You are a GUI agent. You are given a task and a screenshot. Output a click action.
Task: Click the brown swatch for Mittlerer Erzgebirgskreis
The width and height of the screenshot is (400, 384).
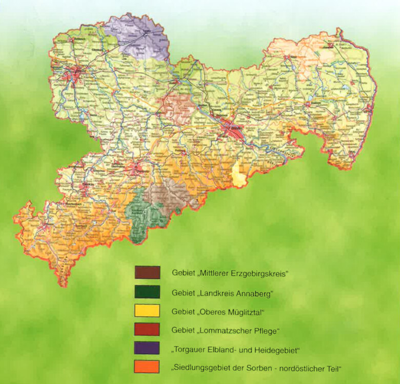pyautogui.click(x=147, y=272)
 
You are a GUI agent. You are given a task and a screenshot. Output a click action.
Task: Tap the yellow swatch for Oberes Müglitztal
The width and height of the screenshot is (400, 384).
pyautogui.click(x=147, y=311)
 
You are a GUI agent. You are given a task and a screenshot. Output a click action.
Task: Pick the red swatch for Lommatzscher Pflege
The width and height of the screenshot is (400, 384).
pyautogui.click(x=147, y=329)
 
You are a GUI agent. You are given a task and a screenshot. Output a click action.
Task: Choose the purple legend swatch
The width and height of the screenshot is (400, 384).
pyautogui.click(x=147, y=348)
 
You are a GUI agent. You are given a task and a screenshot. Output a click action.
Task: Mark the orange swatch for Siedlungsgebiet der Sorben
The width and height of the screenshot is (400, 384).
pyautogui.click(x=147, y=367)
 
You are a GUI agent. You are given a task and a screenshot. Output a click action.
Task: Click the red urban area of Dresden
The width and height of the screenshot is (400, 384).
pyautogui.click(x=235, y=128)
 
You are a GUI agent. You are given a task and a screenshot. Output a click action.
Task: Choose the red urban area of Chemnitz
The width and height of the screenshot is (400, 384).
pyautogui.click(x=136, y=167)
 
